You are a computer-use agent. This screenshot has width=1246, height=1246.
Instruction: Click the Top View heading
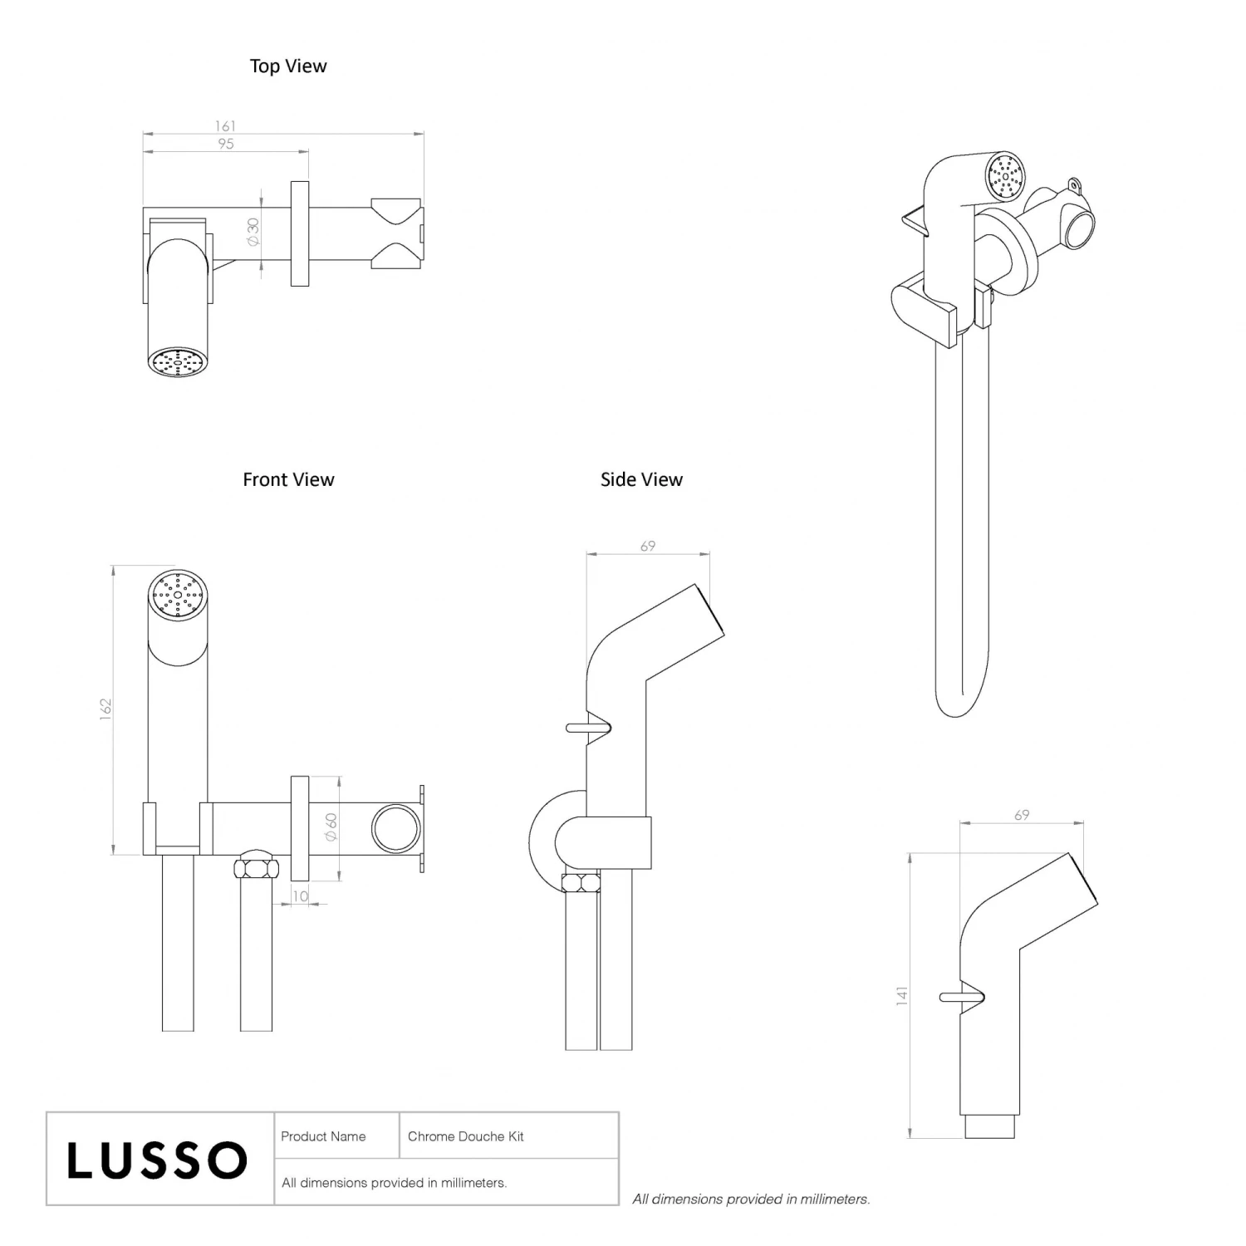click(288, 66)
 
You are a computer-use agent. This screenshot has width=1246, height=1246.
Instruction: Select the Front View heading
click(288, 480)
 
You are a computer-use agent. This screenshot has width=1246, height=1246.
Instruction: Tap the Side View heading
click(641, 480)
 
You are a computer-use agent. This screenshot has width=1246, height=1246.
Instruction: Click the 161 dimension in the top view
click(225, 126)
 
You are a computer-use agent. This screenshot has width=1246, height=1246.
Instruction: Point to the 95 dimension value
click(226, 144)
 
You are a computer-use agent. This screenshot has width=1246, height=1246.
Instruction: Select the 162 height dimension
click(105, 709)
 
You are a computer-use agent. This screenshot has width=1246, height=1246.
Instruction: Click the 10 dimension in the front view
click(301, 896)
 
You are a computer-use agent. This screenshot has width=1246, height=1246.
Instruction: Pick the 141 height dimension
click(902, 997)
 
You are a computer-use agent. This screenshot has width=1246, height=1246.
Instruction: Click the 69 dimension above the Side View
click(648, 546)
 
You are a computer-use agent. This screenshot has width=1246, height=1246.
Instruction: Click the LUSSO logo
click(158, 1160)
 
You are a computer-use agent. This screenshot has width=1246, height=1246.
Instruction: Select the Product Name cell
click(323, 1136)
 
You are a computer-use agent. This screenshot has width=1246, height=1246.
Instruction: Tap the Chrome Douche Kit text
click(466, 1136)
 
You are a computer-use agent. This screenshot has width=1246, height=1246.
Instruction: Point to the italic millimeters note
click(751, 1199)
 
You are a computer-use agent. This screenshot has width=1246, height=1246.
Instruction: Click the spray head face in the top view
click(177, 362)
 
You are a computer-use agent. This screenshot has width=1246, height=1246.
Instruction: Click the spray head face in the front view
click(177, 595)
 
